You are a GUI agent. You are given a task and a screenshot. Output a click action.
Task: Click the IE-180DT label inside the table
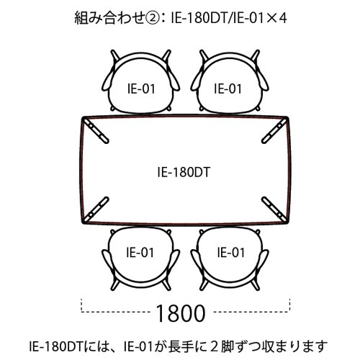point(184,172)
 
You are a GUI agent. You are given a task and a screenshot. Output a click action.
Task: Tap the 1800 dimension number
point(181,313)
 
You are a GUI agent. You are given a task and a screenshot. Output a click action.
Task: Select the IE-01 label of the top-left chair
point(141,89)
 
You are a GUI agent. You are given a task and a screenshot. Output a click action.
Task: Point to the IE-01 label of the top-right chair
point(228,89)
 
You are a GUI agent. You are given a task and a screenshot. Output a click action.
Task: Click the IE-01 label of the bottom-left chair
point(140,253)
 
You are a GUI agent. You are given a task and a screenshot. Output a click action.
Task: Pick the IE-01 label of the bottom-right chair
point(231,253)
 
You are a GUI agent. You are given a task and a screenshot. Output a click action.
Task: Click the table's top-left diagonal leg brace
point(96,130)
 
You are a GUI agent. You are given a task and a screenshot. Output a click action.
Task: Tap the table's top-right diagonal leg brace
point(274,130)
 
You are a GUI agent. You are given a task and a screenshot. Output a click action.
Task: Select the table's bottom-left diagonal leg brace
point(96,210)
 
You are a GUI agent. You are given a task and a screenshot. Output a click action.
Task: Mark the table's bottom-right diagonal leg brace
point(274,210)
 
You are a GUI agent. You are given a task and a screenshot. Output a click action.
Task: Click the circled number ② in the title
point(151,18)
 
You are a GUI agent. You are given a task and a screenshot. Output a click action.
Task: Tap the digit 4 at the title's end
point(282,18)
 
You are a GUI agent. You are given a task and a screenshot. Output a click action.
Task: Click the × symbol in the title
point(271,18)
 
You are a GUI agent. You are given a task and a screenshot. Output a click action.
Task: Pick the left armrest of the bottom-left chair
point(107,261)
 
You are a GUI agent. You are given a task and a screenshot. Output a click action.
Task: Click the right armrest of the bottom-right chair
point(263,261)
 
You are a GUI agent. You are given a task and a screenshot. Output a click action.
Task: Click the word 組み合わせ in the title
point(109,18)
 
